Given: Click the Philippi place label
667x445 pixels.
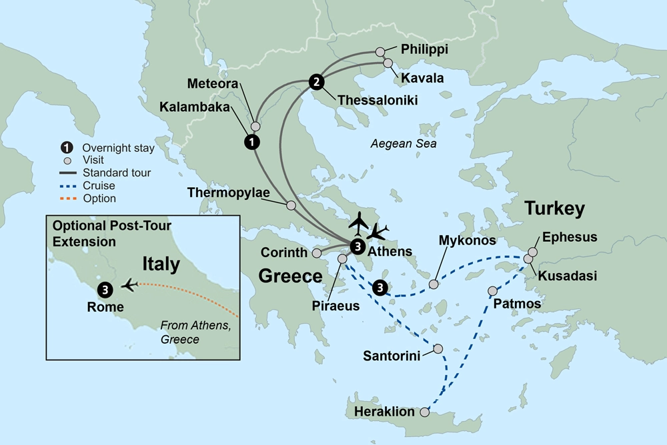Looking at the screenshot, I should [425, 50].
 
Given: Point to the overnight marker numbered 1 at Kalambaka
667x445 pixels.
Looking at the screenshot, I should [251, 141].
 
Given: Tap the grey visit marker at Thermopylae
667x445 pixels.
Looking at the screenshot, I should [291, 205].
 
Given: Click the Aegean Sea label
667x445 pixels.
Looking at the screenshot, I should [404, 144].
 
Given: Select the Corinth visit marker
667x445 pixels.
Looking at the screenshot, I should [317, 253].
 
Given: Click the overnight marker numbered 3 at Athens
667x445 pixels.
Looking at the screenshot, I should [357, 247].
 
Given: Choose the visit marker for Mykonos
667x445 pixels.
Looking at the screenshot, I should [434, 284].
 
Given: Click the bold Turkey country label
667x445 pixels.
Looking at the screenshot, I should [554, 209].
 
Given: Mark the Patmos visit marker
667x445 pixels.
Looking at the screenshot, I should [493, 291].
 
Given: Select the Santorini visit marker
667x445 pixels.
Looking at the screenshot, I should [438, 348].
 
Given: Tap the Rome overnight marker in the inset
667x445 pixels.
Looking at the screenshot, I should [105, 289].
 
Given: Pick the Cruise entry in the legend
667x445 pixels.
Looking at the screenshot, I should [98, 186].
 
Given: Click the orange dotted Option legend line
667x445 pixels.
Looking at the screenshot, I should [67, 199].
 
